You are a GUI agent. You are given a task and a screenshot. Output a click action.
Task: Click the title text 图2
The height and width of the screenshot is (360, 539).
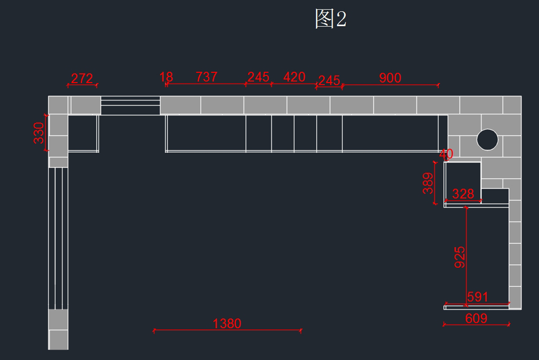pos(331,18)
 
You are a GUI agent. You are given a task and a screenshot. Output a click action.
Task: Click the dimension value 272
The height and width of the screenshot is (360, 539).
pos(82,79)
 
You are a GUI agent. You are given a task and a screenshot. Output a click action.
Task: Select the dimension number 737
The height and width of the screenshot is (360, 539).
pos(207,77)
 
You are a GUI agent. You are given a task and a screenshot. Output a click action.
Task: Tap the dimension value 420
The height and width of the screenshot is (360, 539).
pos(294,77)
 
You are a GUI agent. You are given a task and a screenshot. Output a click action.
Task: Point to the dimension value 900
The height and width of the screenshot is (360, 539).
pos(390,78)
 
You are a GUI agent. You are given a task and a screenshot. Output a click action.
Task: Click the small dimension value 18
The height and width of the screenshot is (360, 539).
pos(166,77)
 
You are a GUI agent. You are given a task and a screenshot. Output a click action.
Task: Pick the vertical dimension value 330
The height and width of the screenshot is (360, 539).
pos(39,133)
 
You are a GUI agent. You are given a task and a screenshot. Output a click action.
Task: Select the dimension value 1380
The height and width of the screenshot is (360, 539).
pos(227,324)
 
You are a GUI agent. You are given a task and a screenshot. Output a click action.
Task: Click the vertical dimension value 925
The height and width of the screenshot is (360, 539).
pos(459,257)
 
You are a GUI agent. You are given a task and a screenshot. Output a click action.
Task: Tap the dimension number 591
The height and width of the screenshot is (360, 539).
pos(477,297)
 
